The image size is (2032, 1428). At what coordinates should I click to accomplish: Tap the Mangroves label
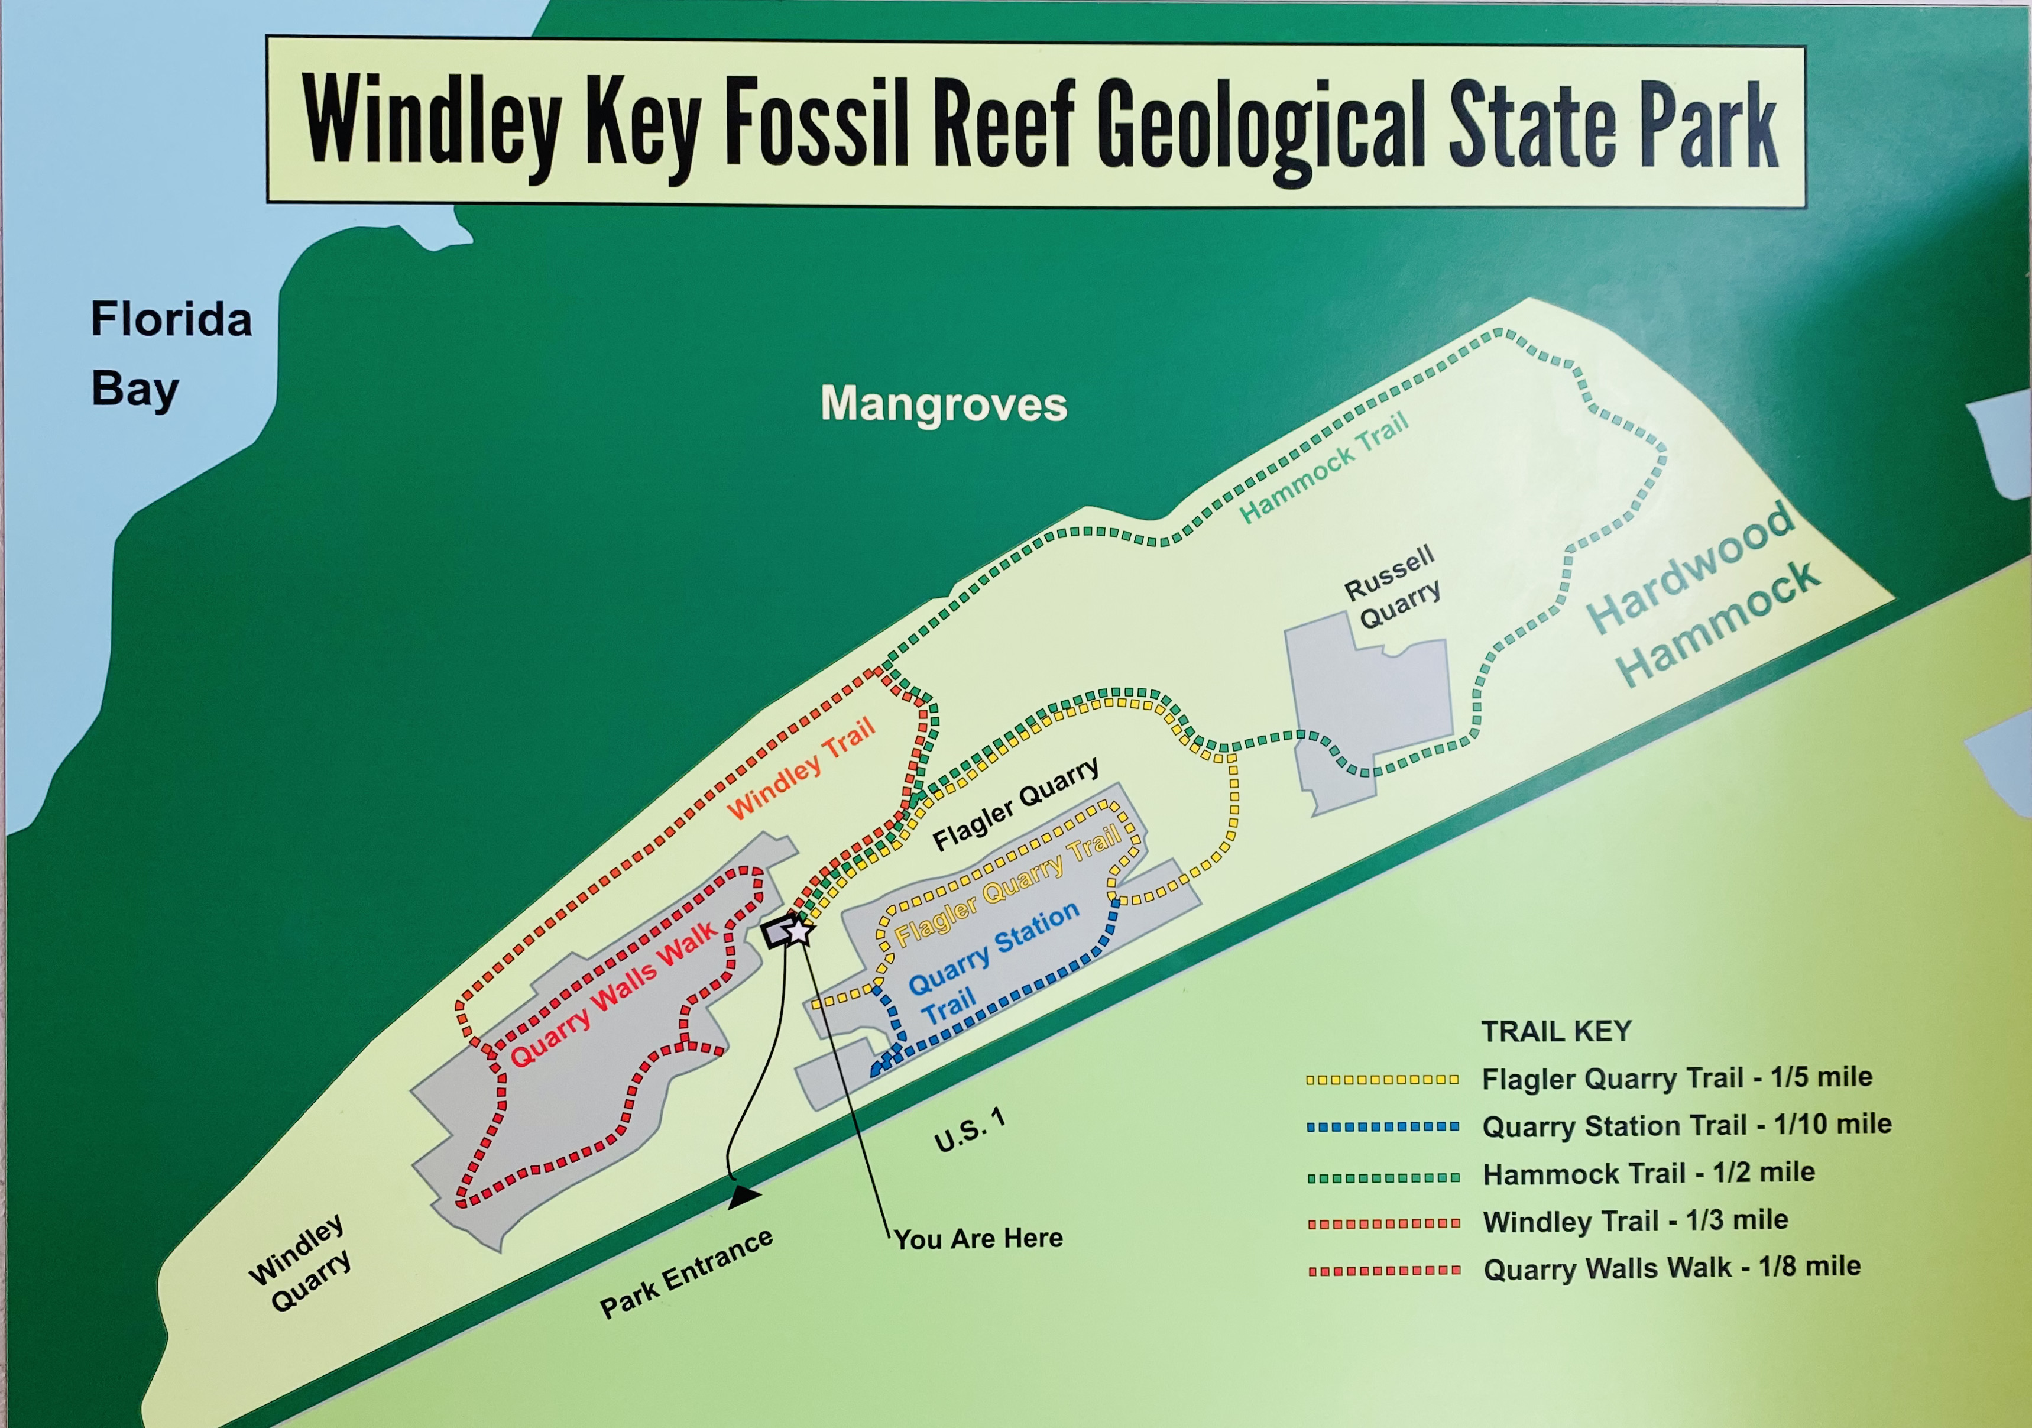point(944,404)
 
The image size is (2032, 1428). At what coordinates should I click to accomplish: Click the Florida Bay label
point(170,354)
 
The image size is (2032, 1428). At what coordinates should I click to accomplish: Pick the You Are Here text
point(978,1239)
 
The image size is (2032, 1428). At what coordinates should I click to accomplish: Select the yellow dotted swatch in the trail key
point(1382,1080)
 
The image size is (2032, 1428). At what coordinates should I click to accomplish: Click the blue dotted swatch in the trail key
point(1382,1127)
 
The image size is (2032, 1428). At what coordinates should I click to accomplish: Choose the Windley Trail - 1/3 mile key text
point(1635,1221)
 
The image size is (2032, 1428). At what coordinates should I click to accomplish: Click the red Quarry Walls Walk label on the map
point(613,994)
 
